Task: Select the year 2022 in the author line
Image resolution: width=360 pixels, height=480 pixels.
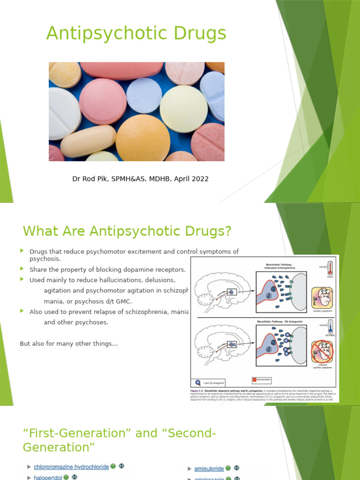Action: click(199, 179)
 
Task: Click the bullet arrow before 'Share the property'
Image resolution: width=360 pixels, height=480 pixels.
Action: click(22, 269)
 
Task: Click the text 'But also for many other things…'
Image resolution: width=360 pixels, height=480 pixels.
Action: click(68, 344)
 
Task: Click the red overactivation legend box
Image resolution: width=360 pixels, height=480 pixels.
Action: click(254, 379)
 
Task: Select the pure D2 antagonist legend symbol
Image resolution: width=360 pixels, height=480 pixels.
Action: click(197, 382)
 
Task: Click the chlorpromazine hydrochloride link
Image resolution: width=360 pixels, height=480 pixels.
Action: click(71, 467)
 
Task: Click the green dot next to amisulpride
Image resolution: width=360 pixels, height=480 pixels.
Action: click(228, 468)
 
